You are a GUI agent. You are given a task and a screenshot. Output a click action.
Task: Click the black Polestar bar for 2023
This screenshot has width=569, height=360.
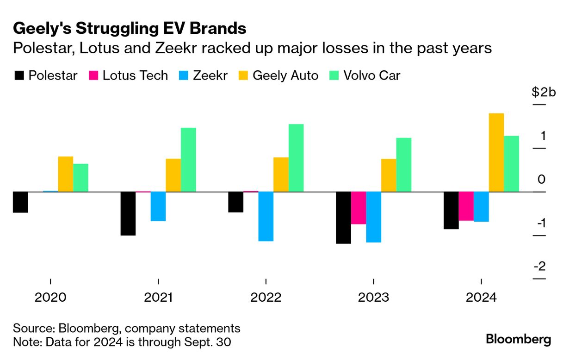[343, 217]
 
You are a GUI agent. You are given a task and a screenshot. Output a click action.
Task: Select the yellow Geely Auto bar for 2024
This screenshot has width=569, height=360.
[496, 152]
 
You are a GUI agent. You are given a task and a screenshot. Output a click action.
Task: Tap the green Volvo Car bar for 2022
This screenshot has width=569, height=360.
[296, 158]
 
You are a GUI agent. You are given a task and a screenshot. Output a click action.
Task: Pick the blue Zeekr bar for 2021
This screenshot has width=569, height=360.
[158, 206]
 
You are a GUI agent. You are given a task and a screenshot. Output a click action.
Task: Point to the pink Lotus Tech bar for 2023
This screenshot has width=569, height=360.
[359, 208]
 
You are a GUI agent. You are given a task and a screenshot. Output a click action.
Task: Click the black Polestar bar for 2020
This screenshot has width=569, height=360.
[20, 202]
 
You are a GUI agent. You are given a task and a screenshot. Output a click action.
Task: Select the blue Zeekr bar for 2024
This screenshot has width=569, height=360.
[481, 206]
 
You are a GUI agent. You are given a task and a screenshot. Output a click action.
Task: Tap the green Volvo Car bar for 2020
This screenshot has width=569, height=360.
[80, 178]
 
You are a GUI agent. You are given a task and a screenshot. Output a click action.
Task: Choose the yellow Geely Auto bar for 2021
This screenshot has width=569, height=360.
[173, 175]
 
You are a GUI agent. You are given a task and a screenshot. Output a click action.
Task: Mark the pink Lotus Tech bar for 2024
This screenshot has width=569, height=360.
[466, 206]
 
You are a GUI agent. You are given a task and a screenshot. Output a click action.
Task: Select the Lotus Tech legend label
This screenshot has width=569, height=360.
[135, 76]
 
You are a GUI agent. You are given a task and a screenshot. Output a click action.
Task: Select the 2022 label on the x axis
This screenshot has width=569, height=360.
[266, 297]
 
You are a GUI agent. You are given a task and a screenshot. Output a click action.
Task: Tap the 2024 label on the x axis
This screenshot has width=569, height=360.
[481, 297]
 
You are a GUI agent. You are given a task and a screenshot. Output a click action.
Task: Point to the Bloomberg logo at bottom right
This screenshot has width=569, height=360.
[518, 339]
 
